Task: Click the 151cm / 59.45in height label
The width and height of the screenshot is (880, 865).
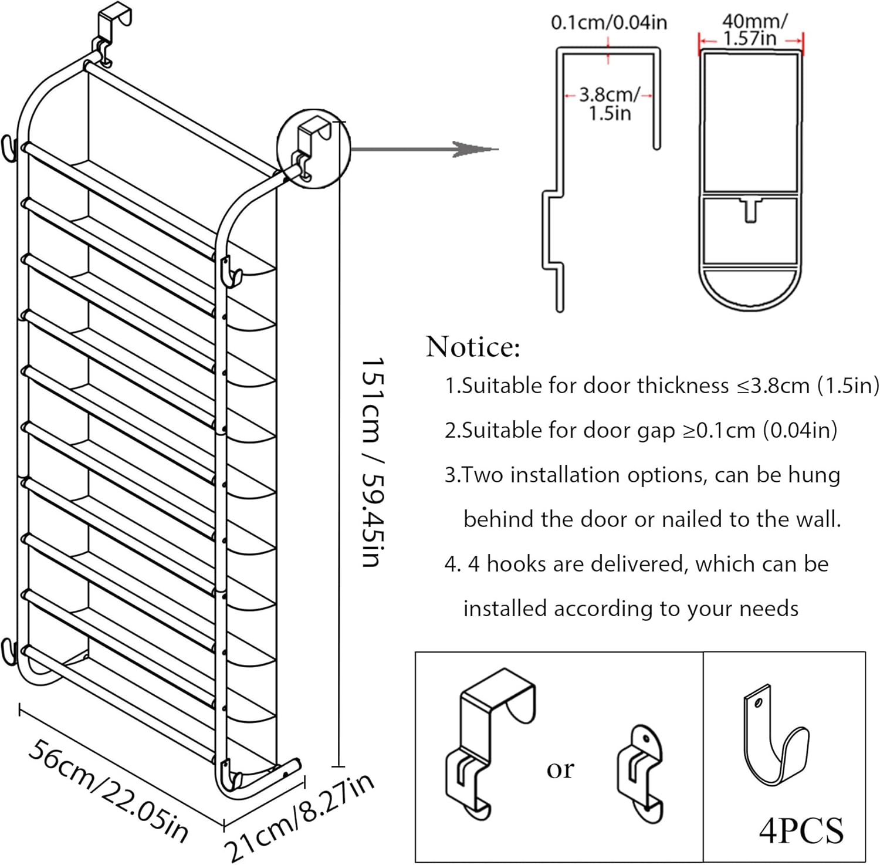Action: [372, 462]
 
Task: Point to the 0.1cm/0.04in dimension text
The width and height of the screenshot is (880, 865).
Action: [608, 22]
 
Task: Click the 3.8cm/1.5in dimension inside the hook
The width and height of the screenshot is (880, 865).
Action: [609, 103]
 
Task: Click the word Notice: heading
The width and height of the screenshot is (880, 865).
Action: [473, 346]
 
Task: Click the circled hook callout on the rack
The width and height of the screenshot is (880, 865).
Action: [313, 148]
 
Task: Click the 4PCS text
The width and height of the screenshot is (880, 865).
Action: [801, 830]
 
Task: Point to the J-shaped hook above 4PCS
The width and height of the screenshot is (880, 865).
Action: [774, 736]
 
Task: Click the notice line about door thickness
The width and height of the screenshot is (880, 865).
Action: [662, 386]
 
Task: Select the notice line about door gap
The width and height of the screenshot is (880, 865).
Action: [641, 430]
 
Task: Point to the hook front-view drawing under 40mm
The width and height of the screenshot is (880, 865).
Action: [750, 176]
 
